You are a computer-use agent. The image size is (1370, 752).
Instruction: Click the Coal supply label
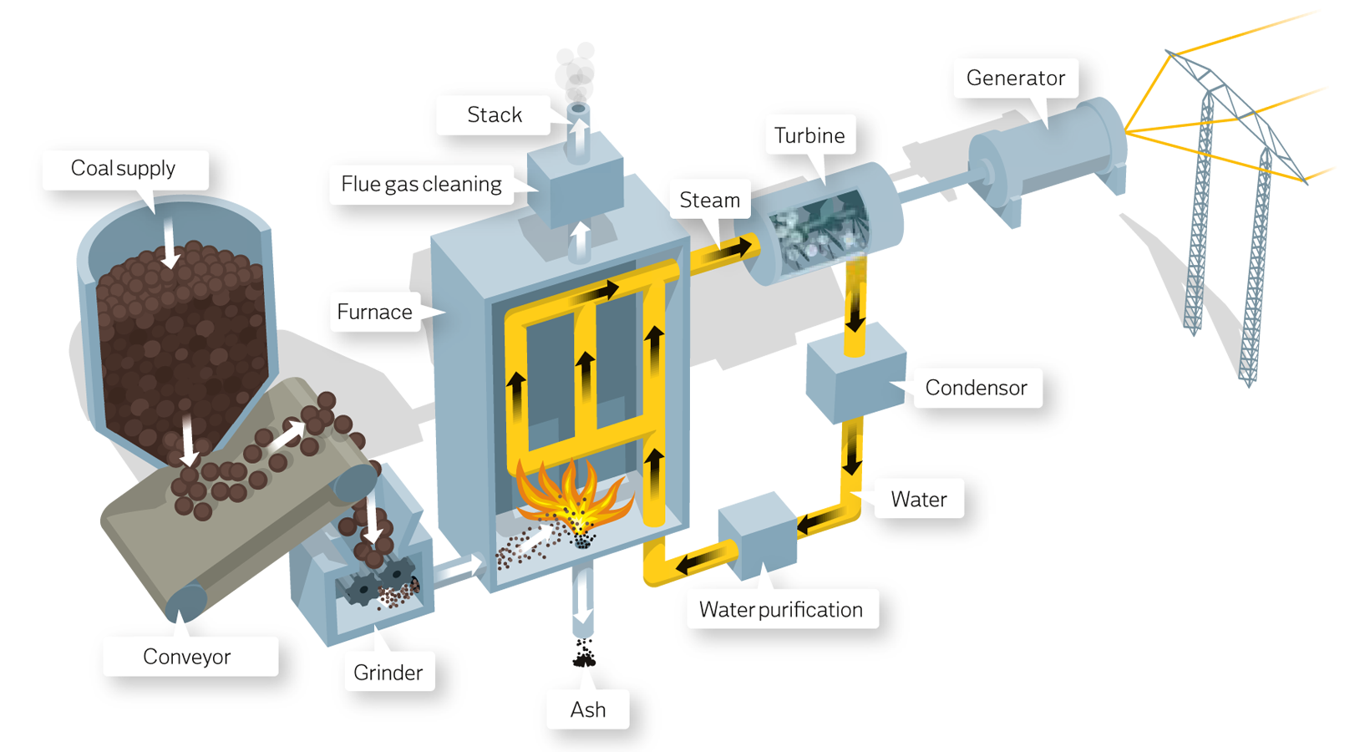click(x=124, y=169)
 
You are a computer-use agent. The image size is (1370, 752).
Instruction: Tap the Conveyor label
click(x=187, y=657)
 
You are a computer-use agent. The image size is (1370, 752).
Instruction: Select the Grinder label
click(x=388, y=673)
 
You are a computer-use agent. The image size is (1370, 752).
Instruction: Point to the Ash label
click(x=588, y=710)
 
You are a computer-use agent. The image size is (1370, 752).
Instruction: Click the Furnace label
click(x=375, y=312)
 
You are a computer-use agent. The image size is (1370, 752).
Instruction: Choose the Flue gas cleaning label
click(x=422, y=185)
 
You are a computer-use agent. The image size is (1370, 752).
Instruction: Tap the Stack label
click(x=495, y=115)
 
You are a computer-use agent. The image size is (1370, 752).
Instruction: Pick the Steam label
click(x=710, y=201)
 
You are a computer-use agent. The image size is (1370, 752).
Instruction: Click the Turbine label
click(x=809, y=136)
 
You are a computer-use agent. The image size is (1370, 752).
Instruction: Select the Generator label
click(x=1016, y=79)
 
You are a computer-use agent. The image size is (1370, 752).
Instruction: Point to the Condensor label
click(x=977, y=388)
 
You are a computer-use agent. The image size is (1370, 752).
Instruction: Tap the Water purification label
click(x=781, y=610)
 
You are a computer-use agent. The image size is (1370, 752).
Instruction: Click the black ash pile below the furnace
click(x=585, y=653)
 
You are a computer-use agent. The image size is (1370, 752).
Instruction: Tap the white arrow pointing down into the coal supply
click(x=170, y=242)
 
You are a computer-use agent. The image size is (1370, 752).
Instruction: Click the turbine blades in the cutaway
click(x=819, y=230)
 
